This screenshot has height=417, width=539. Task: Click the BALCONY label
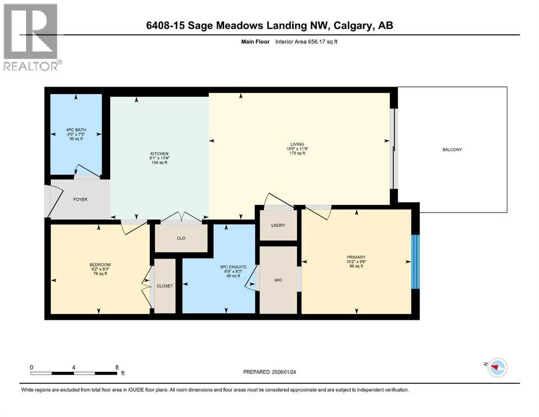point(452,149)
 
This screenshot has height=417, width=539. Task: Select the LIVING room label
point(297,144)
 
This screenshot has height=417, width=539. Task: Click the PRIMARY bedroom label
point(356,257)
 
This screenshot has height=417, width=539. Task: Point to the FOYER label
point(80,199)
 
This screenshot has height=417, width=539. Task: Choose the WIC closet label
point(278,281)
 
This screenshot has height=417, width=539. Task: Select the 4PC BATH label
point(76,130)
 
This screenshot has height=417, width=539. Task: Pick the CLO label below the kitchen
point(181,237)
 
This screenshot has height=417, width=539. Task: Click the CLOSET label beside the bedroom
point(165,286)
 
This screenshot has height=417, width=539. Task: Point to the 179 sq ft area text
point(297,154)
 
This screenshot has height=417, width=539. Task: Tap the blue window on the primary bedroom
point(416,262)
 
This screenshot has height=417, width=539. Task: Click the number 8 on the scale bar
point(117,367)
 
